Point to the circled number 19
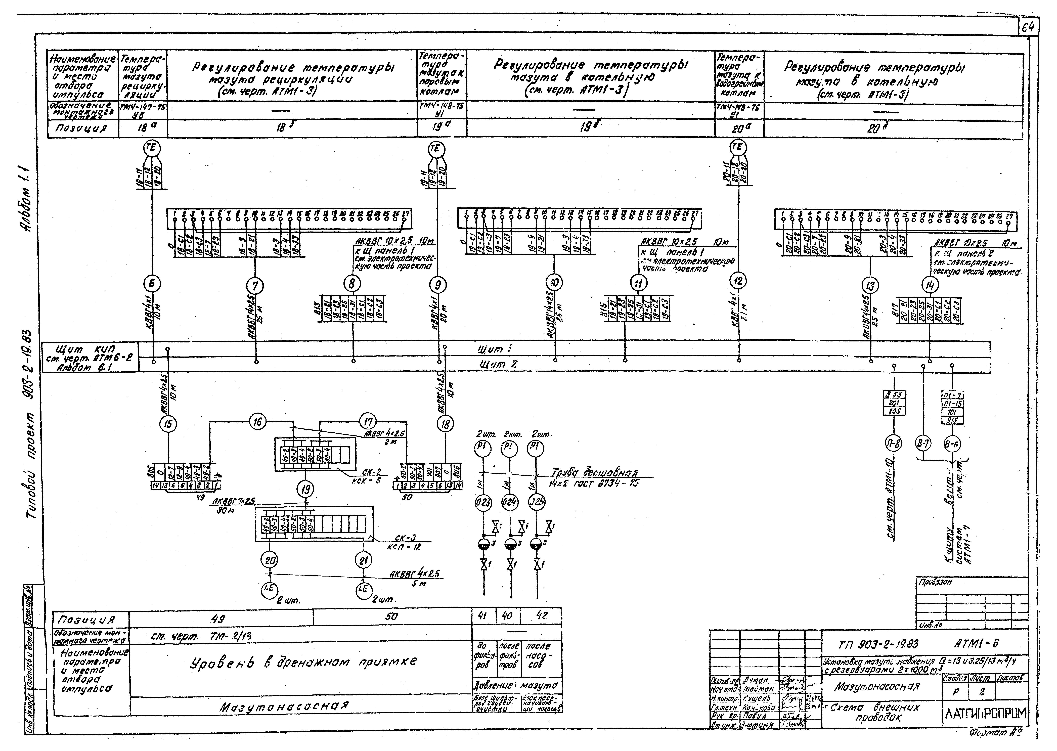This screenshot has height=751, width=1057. [x=305, y=489]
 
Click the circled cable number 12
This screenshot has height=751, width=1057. [x=738, y=281]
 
